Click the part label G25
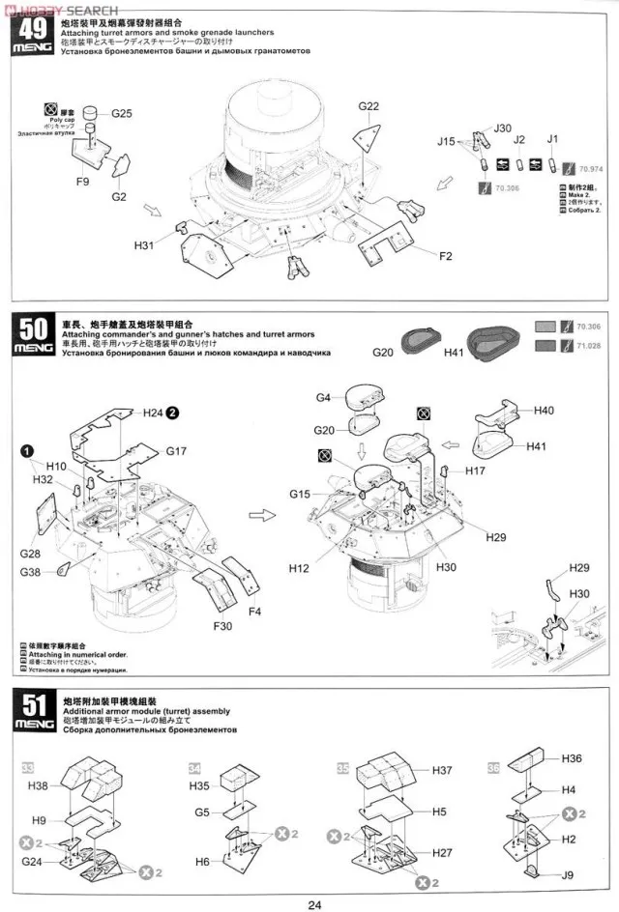121,113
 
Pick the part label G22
368,106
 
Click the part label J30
503,128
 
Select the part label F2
446,256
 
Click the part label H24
154,413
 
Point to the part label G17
176,450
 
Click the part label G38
31,572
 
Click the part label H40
544,411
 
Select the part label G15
300,494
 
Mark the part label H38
38,785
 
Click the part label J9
571,876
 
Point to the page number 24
314,904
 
